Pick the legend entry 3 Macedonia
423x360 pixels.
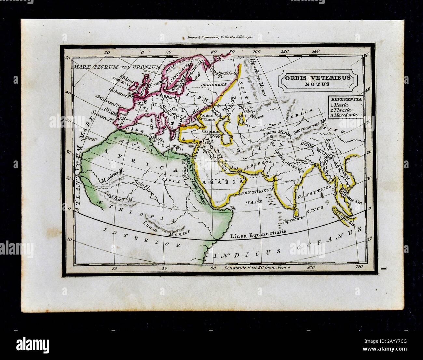(x=343, y=115)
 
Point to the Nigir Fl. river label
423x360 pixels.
(x=141, y=183)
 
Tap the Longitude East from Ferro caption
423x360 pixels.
(x=257, y=268)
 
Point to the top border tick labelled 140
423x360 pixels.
(x=315, y=51)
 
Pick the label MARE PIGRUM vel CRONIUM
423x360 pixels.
(x=117, y=67)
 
